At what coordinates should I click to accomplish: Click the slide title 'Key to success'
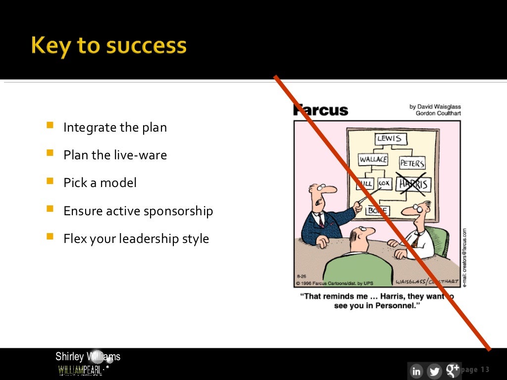click(108, 46)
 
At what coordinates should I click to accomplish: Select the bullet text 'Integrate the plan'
click(115, 127)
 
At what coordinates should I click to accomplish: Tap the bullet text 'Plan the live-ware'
click(115, 155)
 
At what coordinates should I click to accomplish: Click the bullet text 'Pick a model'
click(100, 183)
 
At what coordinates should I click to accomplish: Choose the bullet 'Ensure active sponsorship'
click(138, 211)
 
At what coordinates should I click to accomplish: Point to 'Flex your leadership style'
click(136, 238)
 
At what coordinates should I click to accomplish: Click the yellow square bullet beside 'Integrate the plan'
click(50, 126)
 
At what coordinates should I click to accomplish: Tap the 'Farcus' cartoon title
click(321, 110)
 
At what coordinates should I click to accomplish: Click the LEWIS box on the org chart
click(389, 139)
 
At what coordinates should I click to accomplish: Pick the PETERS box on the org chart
click(412, 162)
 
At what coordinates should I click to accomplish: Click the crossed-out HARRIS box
click(414, 185)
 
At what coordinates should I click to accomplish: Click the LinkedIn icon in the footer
click(416, 371)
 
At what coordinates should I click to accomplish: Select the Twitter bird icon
click(434, 371)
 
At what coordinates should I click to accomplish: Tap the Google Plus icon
click(452, 370)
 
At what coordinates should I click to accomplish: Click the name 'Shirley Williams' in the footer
click(88, 356)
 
